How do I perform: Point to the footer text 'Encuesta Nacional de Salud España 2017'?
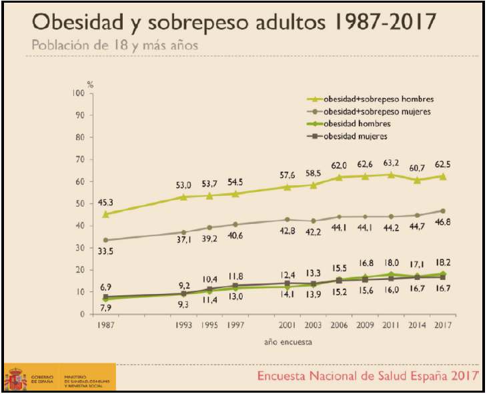tap(368, 376)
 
